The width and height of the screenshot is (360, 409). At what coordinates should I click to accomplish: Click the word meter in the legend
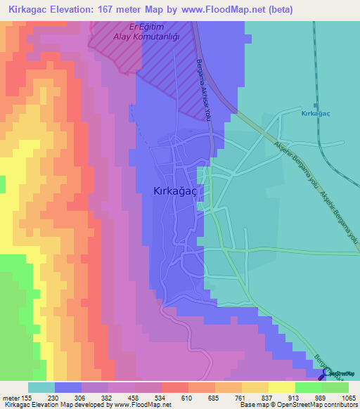point(13,397)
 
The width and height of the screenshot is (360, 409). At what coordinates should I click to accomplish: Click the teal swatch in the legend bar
point(41,387)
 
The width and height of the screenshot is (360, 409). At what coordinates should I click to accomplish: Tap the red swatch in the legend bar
point(175,387)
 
